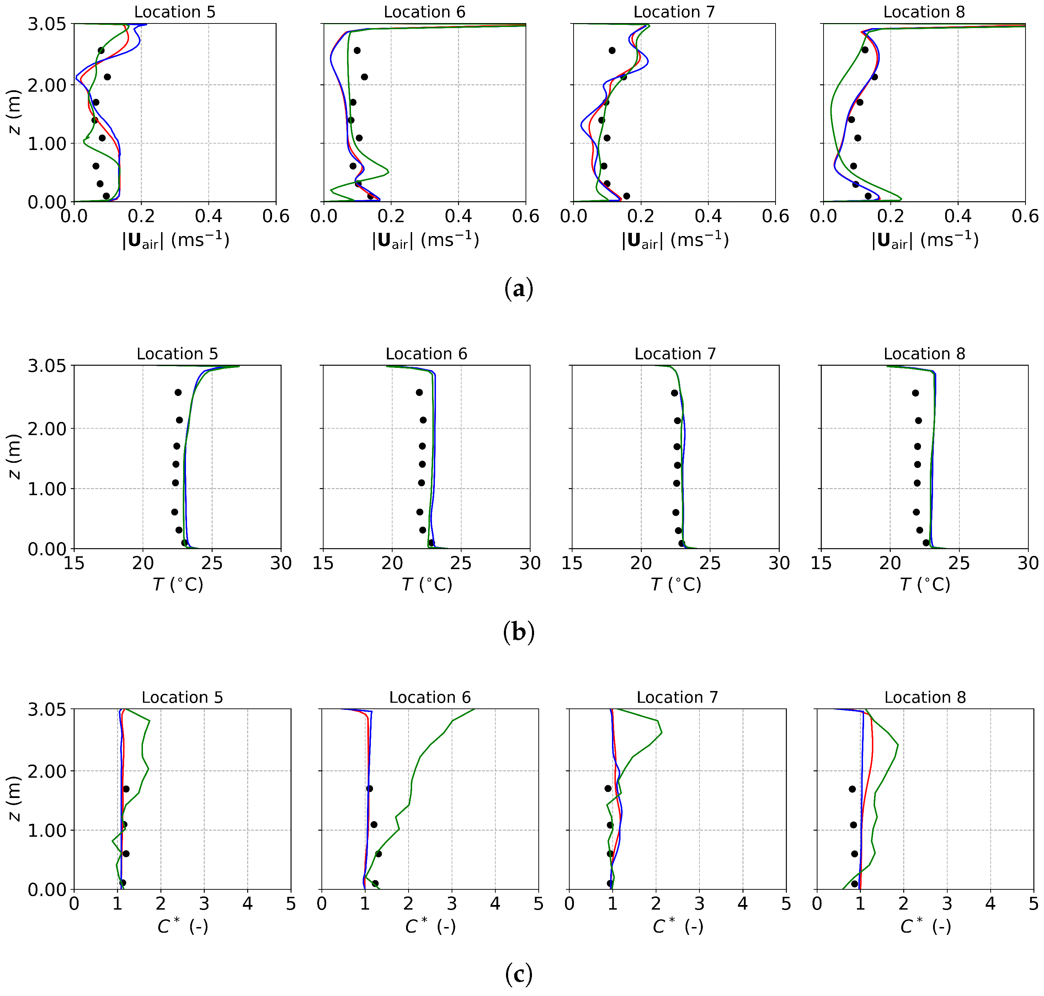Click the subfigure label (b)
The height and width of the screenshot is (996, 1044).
tap(518, 632)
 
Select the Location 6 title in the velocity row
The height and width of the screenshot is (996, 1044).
tap(424, 12)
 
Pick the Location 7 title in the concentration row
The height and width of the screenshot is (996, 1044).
tap(677, 698)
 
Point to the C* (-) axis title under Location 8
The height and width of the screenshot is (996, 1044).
tap(925, 927)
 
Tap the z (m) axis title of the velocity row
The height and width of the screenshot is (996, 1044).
tap(15, 113)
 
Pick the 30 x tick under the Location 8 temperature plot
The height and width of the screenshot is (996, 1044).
tap(1028, 563)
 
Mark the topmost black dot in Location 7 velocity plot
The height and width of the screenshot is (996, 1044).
tap(612, 51)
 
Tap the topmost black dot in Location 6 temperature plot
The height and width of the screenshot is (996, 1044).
tap(419, 393)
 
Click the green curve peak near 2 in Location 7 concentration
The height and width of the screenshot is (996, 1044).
tap(661, 733)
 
